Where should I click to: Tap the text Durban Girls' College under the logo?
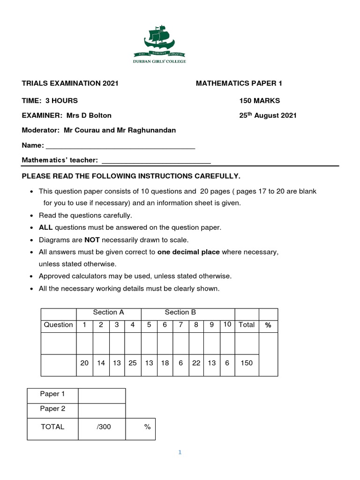point(160,61)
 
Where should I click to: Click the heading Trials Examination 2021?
point(70,83)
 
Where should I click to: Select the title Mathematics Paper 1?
point(239,83)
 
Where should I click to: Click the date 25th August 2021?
point(268,115)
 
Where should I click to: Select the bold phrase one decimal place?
point(188,252)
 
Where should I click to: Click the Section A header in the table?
point(108,312)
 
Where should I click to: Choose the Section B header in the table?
point(180,312)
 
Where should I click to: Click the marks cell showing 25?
point(133,363)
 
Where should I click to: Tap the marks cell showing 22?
point(196,363)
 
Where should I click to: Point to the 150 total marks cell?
point(247,363)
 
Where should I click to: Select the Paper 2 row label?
point(52,408)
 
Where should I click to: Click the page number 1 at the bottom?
point(180,452)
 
